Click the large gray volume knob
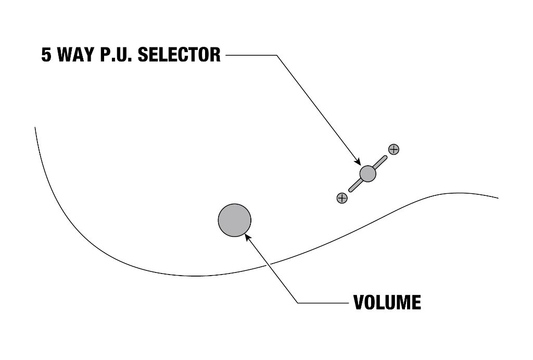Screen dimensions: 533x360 point(235,220)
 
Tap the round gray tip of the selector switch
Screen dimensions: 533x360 point(368,173)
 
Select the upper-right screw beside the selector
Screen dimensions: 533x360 point(394,149)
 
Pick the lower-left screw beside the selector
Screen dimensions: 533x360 point(342,197)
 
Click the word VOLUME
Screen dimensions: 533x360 point(387,302)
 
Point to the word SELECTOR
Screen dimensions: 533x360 point(179,54)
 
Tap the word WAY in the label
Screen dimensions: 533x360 point(75,54)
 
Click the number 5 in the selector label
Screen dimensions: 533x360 point(46,55)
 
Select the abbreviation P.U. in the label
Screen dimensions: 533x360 point(116,55)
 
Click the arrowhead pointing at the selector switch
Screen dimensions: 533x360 point(357,161)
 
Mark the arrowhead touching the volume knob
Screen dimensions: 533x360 point(248,237)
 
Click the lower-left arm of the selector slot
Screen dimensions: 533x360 point(356,185)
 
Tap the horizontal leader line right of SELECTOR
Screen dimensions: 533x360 point(251,55)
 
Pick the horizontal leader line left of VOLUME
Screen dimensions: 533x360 point(323,303)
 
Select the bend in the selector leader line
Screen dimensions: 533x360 point(277,55)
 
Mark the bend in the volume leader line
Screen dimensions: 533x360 point(298,303)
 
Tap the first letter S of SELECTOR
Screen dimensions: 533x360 point(143,55)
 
